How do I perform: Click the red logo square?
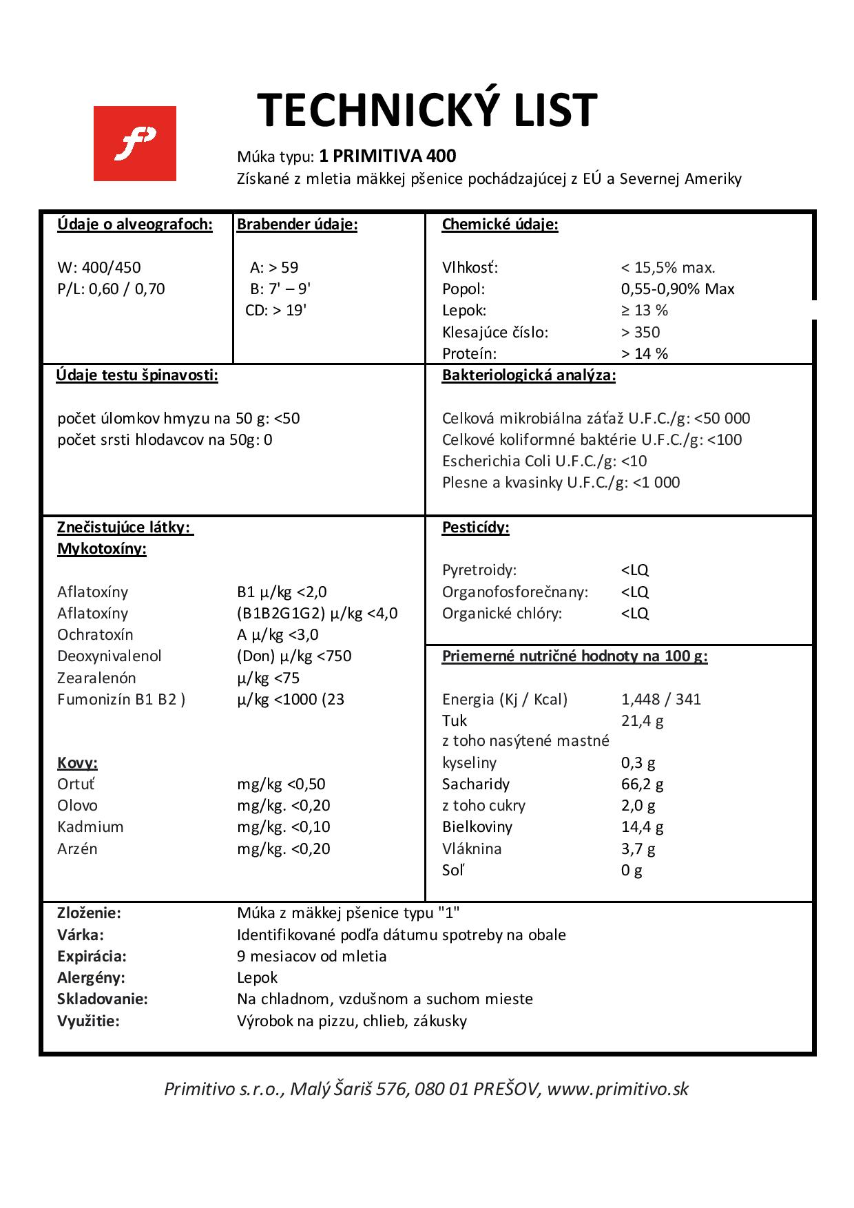tap(135, 143)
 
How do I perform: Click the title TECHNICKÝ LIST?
tap(427, 110)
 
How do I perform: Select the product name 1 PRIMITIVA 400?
tap(388, 156)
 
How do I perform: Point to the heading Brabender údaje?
tap(297, 225)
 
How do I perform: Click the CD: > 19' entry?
tap(275, 310)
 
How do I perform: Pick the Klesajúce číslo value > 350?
tap(640, 332)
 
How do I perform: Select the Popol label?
tap(464, 289)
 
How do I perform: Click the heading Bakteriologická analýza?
tap(529, 375)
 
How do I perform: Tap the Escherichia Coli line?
tap(544, 461)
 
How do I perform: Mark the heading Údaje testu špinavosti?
tap(138, 375)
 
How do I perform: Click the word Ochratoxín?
tap(95, 634)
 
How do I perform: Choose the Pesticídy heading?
tap(475, 528)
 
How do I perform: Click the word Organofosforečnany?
tap(515, 592)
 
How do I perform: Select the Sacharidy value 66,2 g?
tap(642, 784)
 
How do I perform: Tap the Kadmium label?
tap(90, 826)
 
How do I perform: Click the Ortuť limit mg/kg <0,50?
tap(281, 784)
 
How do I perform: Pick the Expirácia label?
tap(92, 956)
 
